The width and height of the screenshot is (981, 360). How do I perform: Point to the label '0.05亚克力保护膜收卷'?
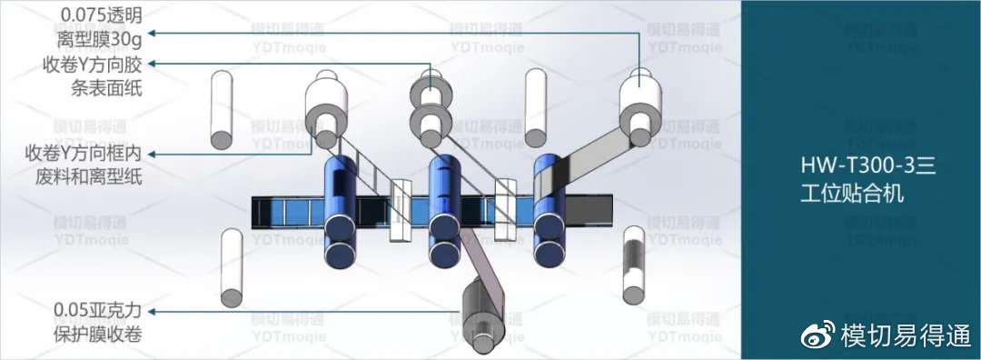pos(97,323)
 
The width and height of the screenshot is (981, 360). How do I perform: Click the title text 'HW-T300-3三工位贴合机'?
pos(867,180)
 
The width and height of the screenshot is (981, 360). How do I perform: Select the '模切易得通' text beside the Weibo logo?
pos(907,335)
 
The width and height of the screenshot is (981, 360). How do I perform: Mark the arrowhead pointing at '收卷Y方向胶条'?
pos(152,64)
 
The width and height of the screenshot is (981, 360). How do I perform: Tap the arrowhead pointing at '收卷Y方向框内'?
pos(152,154)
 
